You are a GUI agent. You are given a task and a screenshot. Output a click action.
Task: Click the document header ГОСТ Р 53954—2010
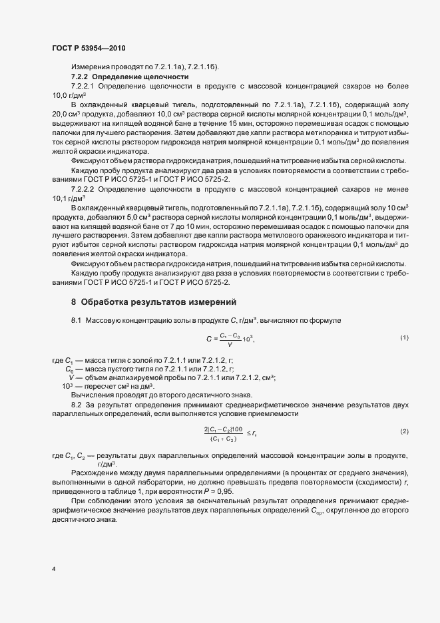click(89, 49)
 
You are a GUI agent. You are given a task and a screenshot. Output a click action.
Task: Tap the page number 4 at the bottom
click(53, 569)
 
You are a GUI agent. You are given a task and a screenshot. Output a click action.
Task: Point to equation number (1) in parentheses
click(404, 338)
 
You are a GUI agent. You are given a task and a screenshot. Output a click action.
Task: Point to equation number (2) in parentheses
click(404, 432)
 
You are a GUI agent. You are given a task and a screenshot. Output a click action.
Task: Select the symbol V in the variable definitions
click(71, 377)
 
